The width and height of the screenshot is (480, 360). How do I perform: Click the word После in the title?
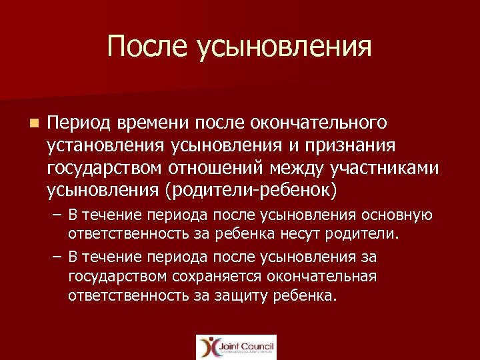pos(147,47)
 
